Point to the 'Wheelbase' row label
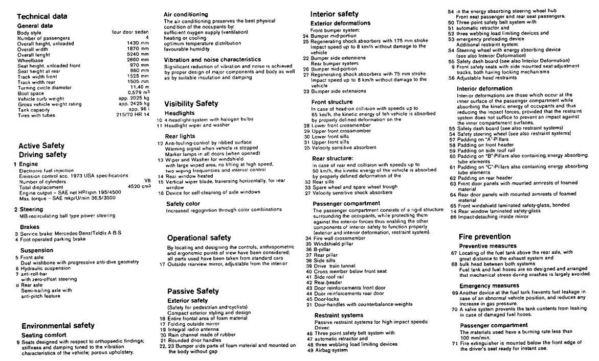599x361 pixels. [31, 60]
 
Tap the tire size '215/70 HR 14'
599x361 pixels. [132, 115]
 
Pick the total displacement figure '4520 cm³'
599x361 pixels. [139, 187]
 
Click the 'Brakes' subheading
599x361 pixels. [30, 227]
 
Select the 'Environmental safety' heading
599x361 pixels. [58, 325]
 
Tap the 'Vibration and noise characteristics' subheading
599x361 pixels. [212, 59]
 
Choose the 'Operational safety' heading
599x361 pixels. [199, 237]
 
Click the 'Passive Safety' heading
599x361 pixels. [193, 291]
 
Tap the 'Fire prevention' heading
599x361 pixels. [484, 236]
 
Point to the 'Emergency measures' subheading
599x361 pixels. [490, 285]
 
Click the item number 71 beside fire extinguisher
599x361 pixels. [453, 343]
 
